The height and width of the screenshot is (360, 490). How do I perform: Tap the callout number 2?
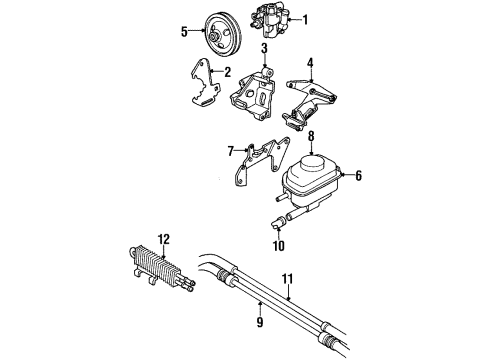pos(228,72)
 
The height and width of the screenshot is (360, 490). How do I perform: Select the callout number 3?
pos(264,48)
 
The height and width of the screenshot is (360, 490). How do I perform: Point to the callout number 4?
pos(311,62)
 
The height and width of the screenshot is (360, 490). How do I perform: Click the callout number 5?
pos(184,31)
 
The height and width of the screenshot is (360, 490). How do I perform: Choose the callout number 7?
pos(229,151)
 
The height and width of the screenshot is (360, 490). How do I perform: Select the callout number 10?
pos(278,245)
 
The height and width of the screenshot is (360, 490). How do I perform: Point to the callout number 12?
pos(163,239)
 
